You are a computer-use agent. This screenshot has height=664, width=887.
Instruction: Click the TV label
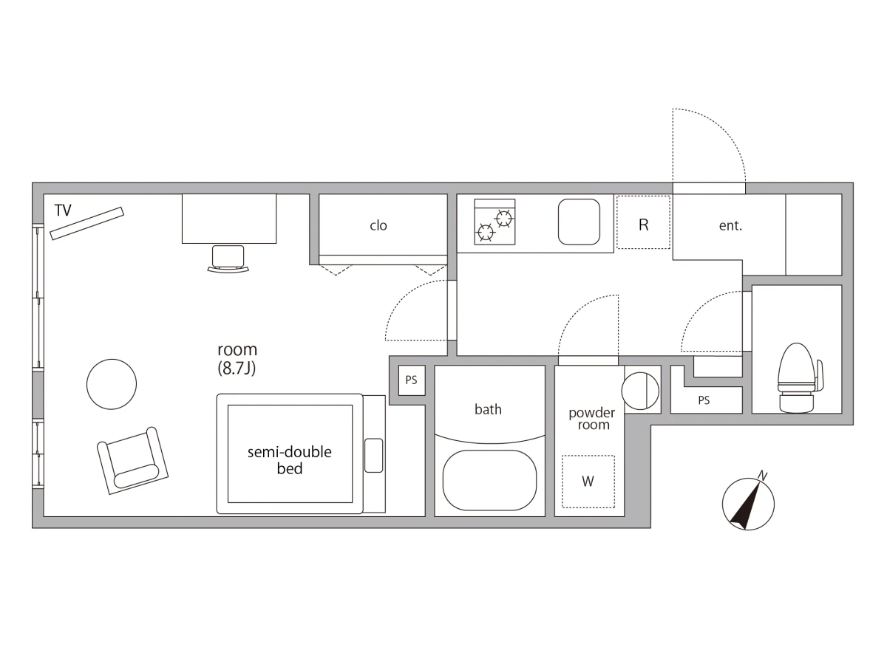(x=63, y=211)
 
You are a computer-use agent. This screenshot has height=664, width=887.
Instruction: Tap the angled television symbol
(x=87, y=223)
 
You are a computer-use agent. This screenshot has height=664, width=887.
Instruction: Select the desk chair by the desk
(x=228, y=259)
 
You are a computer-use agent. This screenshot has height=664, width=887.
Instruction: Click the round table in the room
(x=112, y=384)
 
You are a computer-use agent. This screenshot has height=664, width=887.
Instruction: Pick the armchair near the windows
(x=132, y=461)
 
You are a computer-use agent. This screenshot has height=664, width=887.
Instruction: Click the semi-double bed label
(x=289, y=460)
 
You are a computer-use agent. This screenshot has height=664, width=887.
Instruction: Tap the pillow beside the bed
(x=374, y=455)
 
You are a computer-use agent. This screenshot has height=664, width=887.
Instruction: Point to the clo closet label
(x=378, y=225)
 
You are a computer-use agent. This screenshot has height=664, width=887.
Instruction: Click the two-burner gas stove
(x=495, y=222)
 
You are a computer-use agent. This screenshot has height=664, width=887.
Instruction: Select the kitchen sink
(x=579, y=222)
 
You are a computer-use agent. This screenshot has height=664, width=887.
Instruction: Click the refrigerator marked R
(x=643, y=222)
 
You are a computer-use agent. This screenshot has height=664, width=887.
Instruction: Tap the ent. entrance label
(x=730, y=225)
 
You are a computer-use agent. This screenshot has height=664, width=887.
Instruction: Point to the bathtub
(x=490, y=480)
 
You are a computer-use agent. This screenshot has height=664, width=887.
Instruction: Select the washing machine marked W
(x=588, y=482)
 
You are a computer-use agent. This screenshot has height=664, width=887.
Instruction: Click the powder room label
(x=592, y=419)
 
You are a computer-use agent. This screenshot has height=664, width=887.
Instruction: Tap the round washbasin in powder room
(x=640, y=391)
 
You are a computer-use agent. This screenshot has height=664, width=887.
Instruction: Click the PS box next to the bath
(x=412, y=380)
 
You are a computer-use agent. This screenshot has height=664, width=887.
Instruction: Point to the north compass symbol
(x=748, y=503)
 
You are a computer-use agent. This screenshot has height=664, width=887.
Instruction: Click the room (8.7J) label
(x=237, y=359)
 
